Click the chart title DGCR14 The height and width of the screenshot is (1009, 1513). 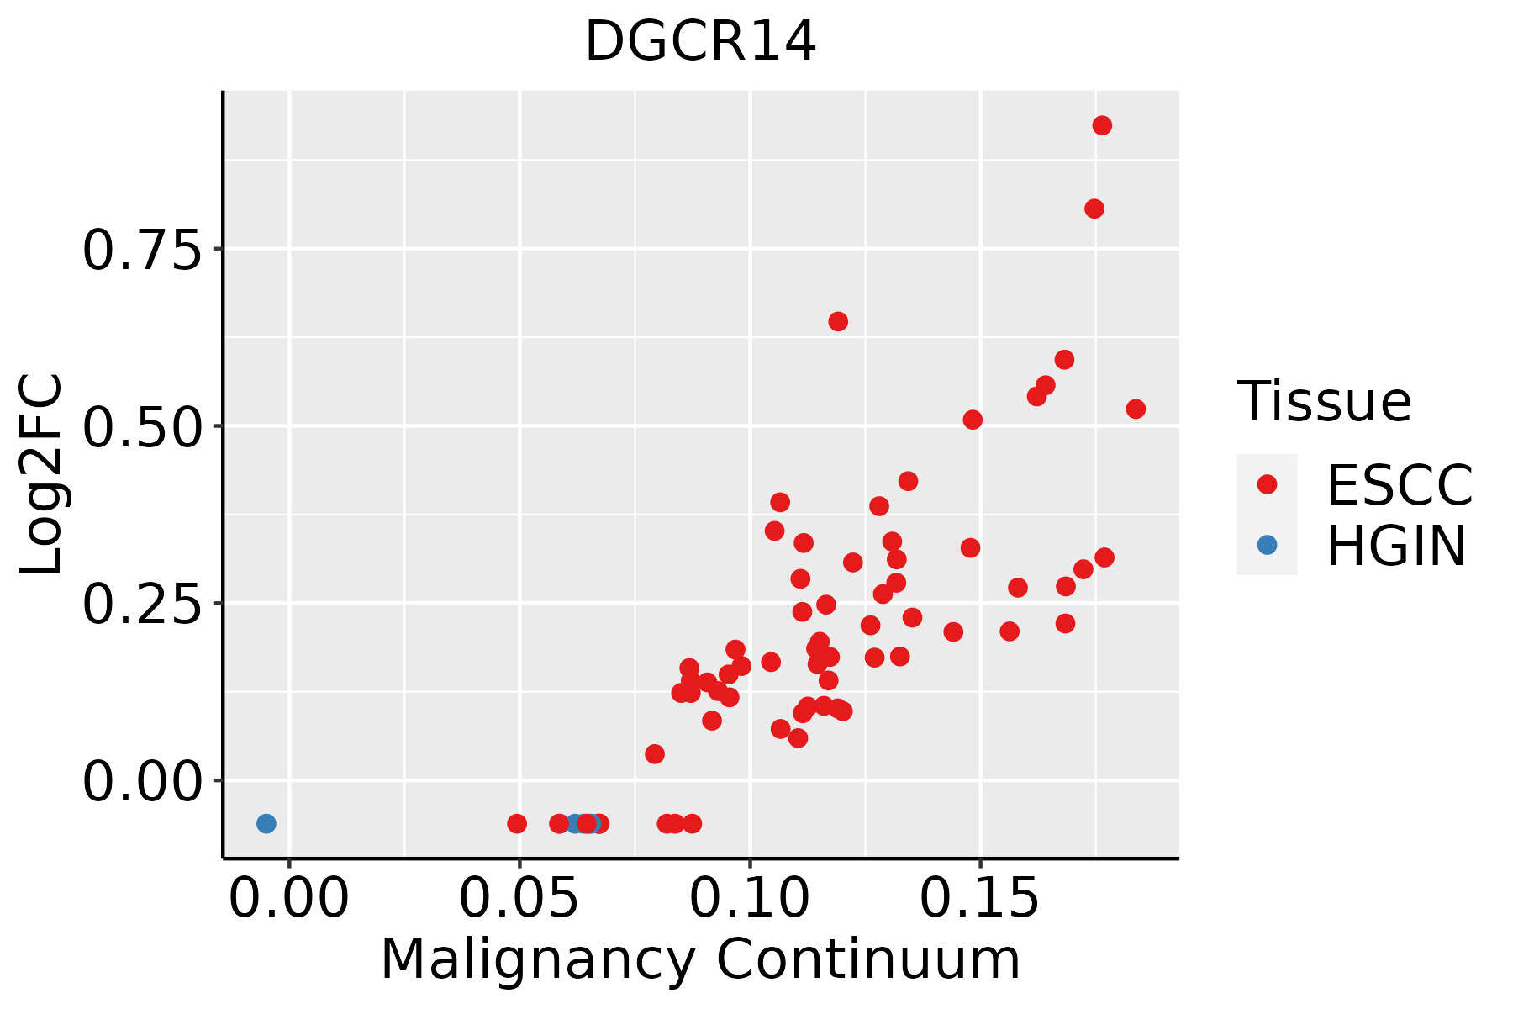(700, 41)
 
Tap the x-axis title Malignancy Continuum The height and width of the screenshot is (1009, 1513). (700, 960)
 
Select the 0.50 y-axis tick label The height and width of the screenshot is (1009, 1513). (142, 426)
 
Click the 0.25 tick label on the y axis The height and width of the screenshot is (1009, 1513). (142, 604)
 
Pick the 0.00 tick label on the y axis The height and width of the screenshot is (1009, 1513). (142, 781)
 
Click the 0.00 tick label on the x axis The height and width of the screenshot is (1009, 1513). (289, 899)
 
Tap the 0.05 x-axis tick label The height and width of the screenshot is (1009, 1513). (519, 899)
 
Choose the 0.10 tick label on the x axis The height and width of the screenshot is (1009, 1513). (750, 899)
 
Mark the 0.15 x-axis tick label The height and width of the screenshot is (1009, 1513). (980, 899)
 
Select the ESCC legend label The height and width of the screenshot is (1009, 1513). (1400, 484)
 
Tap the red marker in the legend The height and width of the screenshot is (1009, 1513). (1267, 484)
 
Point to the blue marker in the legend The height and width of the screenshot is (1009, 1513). (1267, 545)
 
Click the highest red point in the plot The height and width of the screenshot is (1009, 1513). (1102, 125)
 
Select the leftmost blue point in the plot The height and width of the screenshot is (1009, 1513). (266, 823)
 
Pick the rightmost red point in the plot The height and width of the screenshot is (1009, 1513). (1136, 409)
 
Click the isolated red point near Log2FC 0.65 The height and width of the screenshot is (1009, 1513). (838, 321)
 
